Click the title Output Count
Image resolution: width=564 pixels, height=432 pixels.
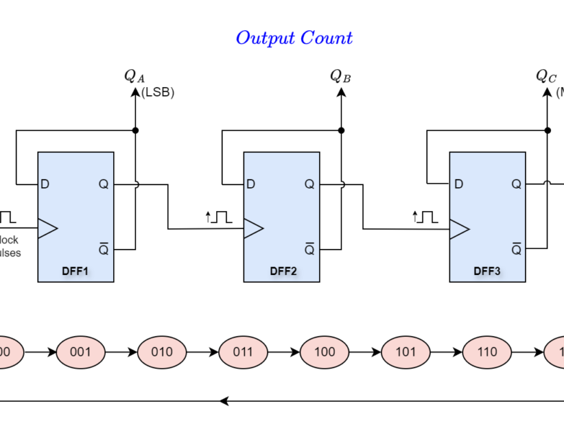[x=294, y=37]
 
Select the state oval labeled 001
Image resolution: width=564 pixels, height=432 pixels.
[x=80, y=352]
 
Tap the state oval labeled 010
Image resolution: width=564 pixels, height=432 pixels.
[x=161, y=352]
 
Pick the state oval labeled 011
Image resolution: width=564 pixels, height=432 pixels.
[x=243, y=352]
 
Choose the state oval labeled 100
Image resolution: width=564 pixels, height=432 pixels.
[x=324, y=352]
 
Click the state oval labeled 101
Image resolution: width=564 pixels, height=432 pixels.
[x=406, y=352]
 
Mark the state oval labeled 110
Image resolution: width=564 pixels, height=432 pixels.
[x=487, y=352]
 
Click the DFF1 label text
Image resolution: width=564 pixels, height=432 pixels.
[x=76, y=271]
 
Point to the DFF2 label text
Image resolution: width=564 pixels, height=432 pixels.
[x=282, y=271]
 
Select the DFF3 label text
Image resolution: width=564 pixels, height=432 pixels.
[x=488, y=271]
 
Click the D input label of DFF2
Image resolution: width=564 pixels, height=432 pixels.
[x=251, y=184]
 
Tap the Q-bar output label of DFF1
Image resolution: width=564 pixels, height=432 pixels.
[x=103, y=249]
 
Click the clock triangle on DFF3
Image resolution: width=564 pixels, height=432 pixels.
[x=459, y=229]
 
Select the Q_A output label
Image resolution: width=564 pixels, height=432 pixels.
[x=134, y=76]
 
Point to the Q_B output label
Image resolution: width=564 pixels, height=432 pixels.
[x=340, y=76]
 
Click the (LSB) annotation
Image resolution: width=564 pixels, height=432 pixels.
[x=158, y=92]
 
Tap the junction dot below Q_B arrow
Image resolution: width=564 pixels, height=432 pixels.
[x=341, y=130]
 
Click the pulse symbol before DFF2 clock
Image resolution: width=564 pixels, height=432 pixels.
[x=219, y=216]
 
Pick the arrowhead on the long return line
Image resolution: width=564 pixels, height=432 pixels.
[x=224, y=401]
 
